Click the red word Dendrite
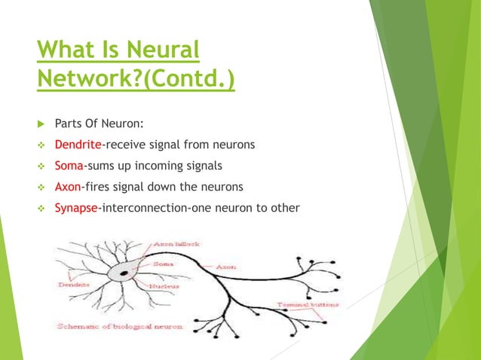click(x=78, y=144)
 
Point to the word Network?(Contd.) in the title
click(x=136, y=79)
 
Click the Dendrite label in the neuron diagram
click(x=73, y=285)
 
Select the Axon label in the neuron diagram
click(x=225, y=267)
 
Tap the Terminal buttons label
click(x=307, y=304)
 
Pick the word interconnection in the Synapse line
click(x=142, y=207)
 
